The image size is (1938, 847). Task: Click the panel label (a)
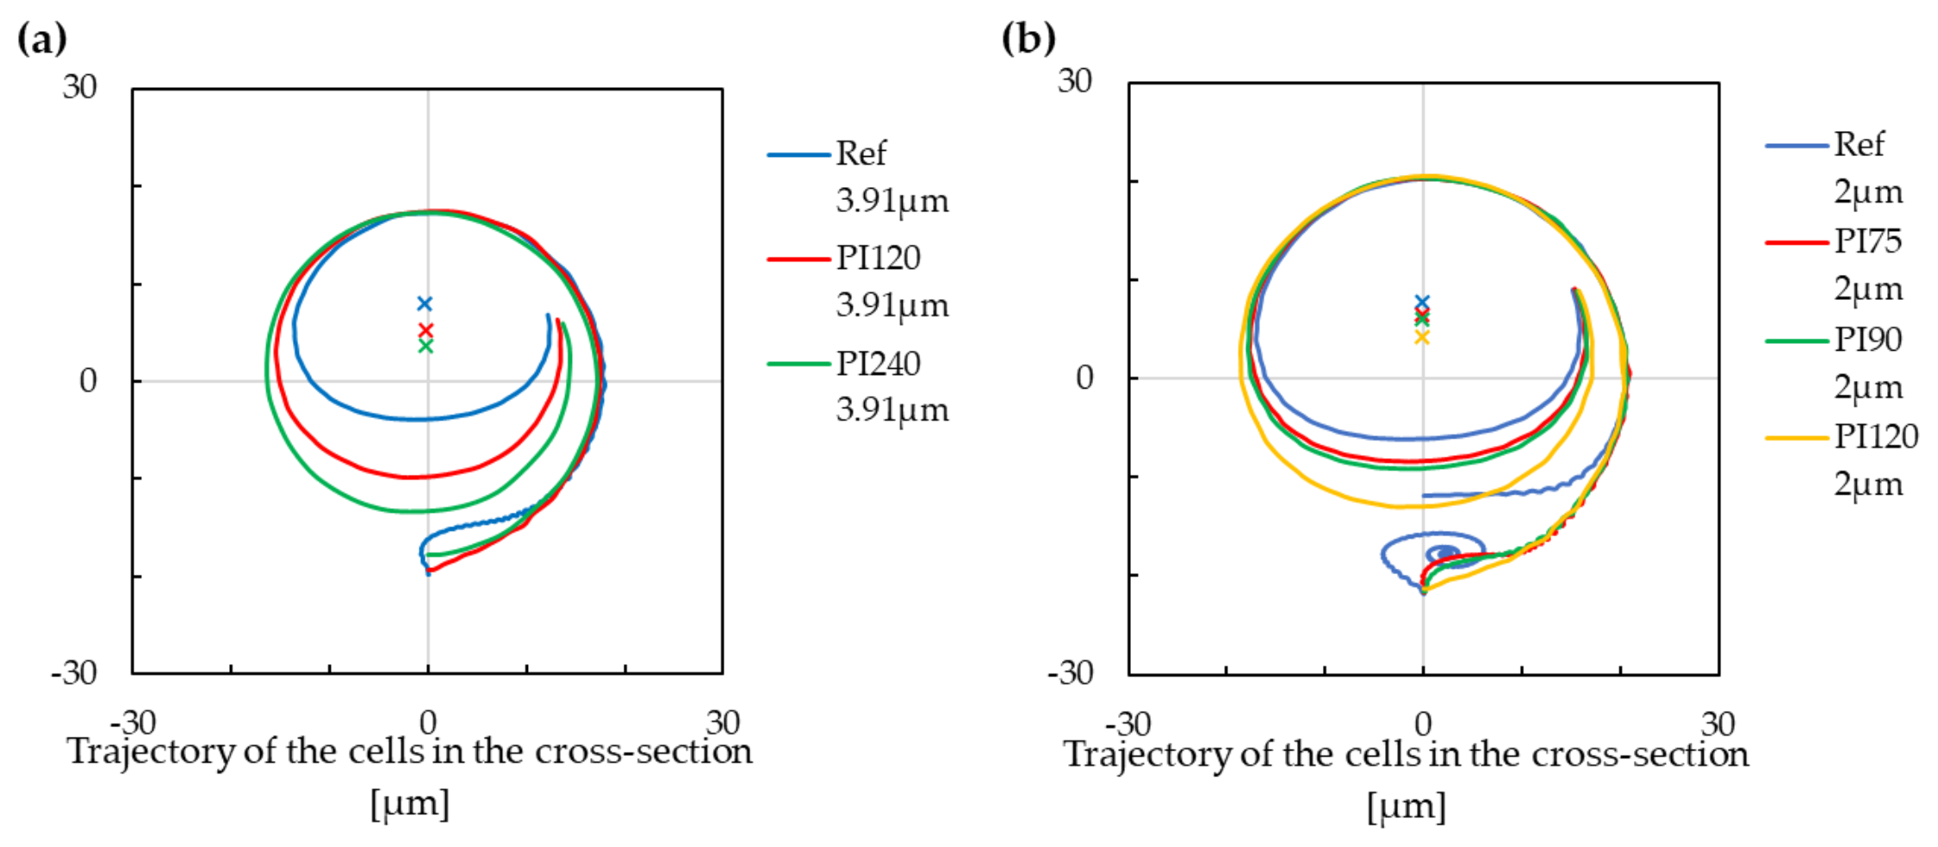pos(41,39)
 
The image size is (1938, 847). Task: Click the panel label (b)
pos(1028,39)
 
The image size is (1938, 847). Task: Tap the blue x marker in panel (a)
pos(424,303)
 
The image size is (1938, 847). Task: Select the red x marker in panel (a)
pos(425,330)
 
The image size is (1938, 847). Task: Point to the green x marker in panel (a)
pos(425,346)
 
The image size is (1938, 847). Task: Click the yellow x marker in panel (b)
pos(1422,337)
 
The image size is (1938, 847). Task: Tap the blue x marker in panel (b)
pos(1422,302)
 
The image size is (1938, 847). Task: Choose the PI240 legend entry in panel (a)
pos(878,364)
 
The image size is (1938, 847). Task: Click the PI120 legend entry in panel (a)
pos(878,258)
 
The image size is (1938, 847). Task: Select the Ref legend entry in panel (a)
pos(860,153)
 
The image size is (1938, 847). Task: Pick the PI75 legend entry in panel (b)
pos(1867,241)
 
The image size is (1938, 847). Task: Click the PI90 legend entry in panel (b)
pos(1867,339)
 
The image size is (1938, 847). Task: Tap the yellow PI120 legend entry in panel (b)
pos(1875,437)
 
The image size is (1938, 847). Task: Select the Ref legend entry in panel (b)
pos(1859,144)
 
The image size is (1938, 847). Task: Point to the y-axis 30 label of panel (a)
pos(79,87)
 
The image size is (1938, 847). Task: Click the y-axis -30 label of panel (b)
pos(1070,672)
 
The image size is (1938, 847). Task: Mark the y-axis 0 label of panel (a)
pos(88,381)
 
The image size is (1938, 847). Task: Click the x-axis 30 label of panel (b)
pos(1717,724)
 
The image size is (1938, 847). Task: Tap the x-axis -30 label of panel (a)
pos(133,722)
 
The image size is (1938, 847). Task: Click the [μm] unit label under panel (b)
pos(1406,807)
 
